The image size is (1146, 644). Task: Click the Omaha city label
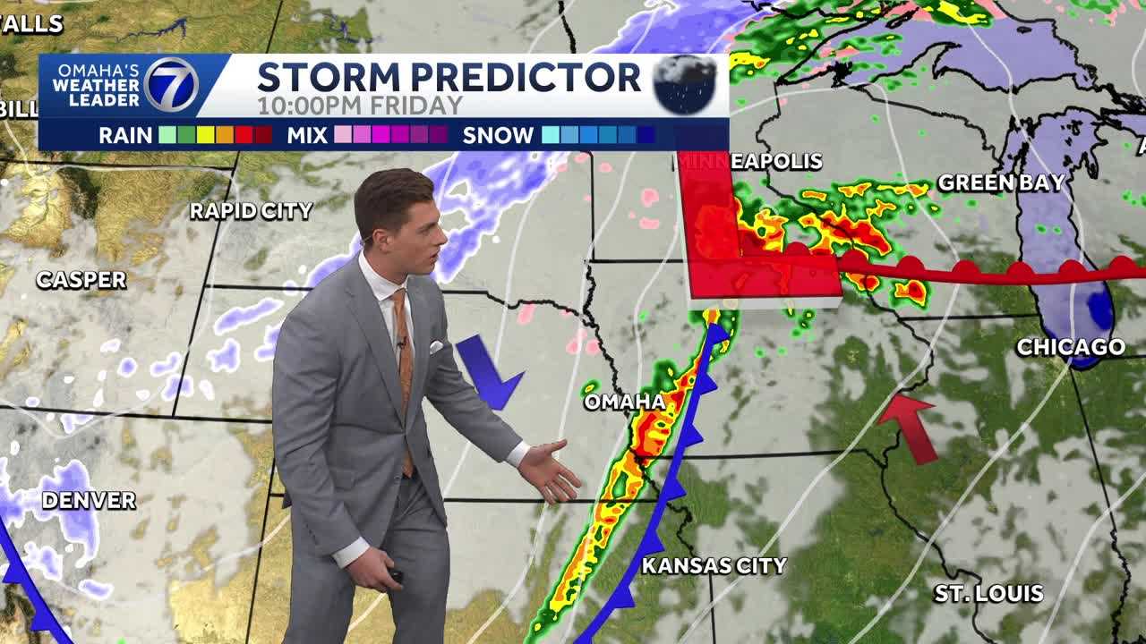coord(624,402)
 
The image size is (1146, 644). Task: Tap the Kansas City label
coord(714,565)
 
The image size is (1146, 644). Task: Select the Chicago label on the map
coord(1070,347)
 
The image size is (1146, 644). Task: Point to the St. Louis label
coord(988,593)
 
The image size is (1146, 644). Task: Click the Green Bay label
coord(1001,183)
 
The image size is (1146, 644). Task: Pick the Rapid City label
coord(251,211)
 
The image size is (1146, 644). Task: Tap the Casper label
coord(81,280)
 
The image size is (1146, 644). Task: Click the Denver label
coord(89,501)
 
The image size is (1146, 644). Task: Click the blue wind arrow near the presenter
coord(487,372)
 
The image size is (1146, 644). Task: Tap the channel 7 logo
coord(170,85)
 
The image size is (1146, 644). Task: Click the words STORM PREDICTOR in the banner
coord(449,78)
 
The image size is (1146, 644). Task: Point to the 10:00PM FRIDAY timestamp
coord(359,106)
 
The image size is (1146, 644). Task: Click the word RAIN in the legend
coord(126,136)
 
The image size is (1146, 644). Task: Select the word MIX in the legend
coord(307,136)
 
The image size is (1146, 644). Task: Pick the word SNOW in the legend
coord(498,136)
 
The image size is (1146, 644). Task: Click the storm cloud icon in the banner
coord(684,85)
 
